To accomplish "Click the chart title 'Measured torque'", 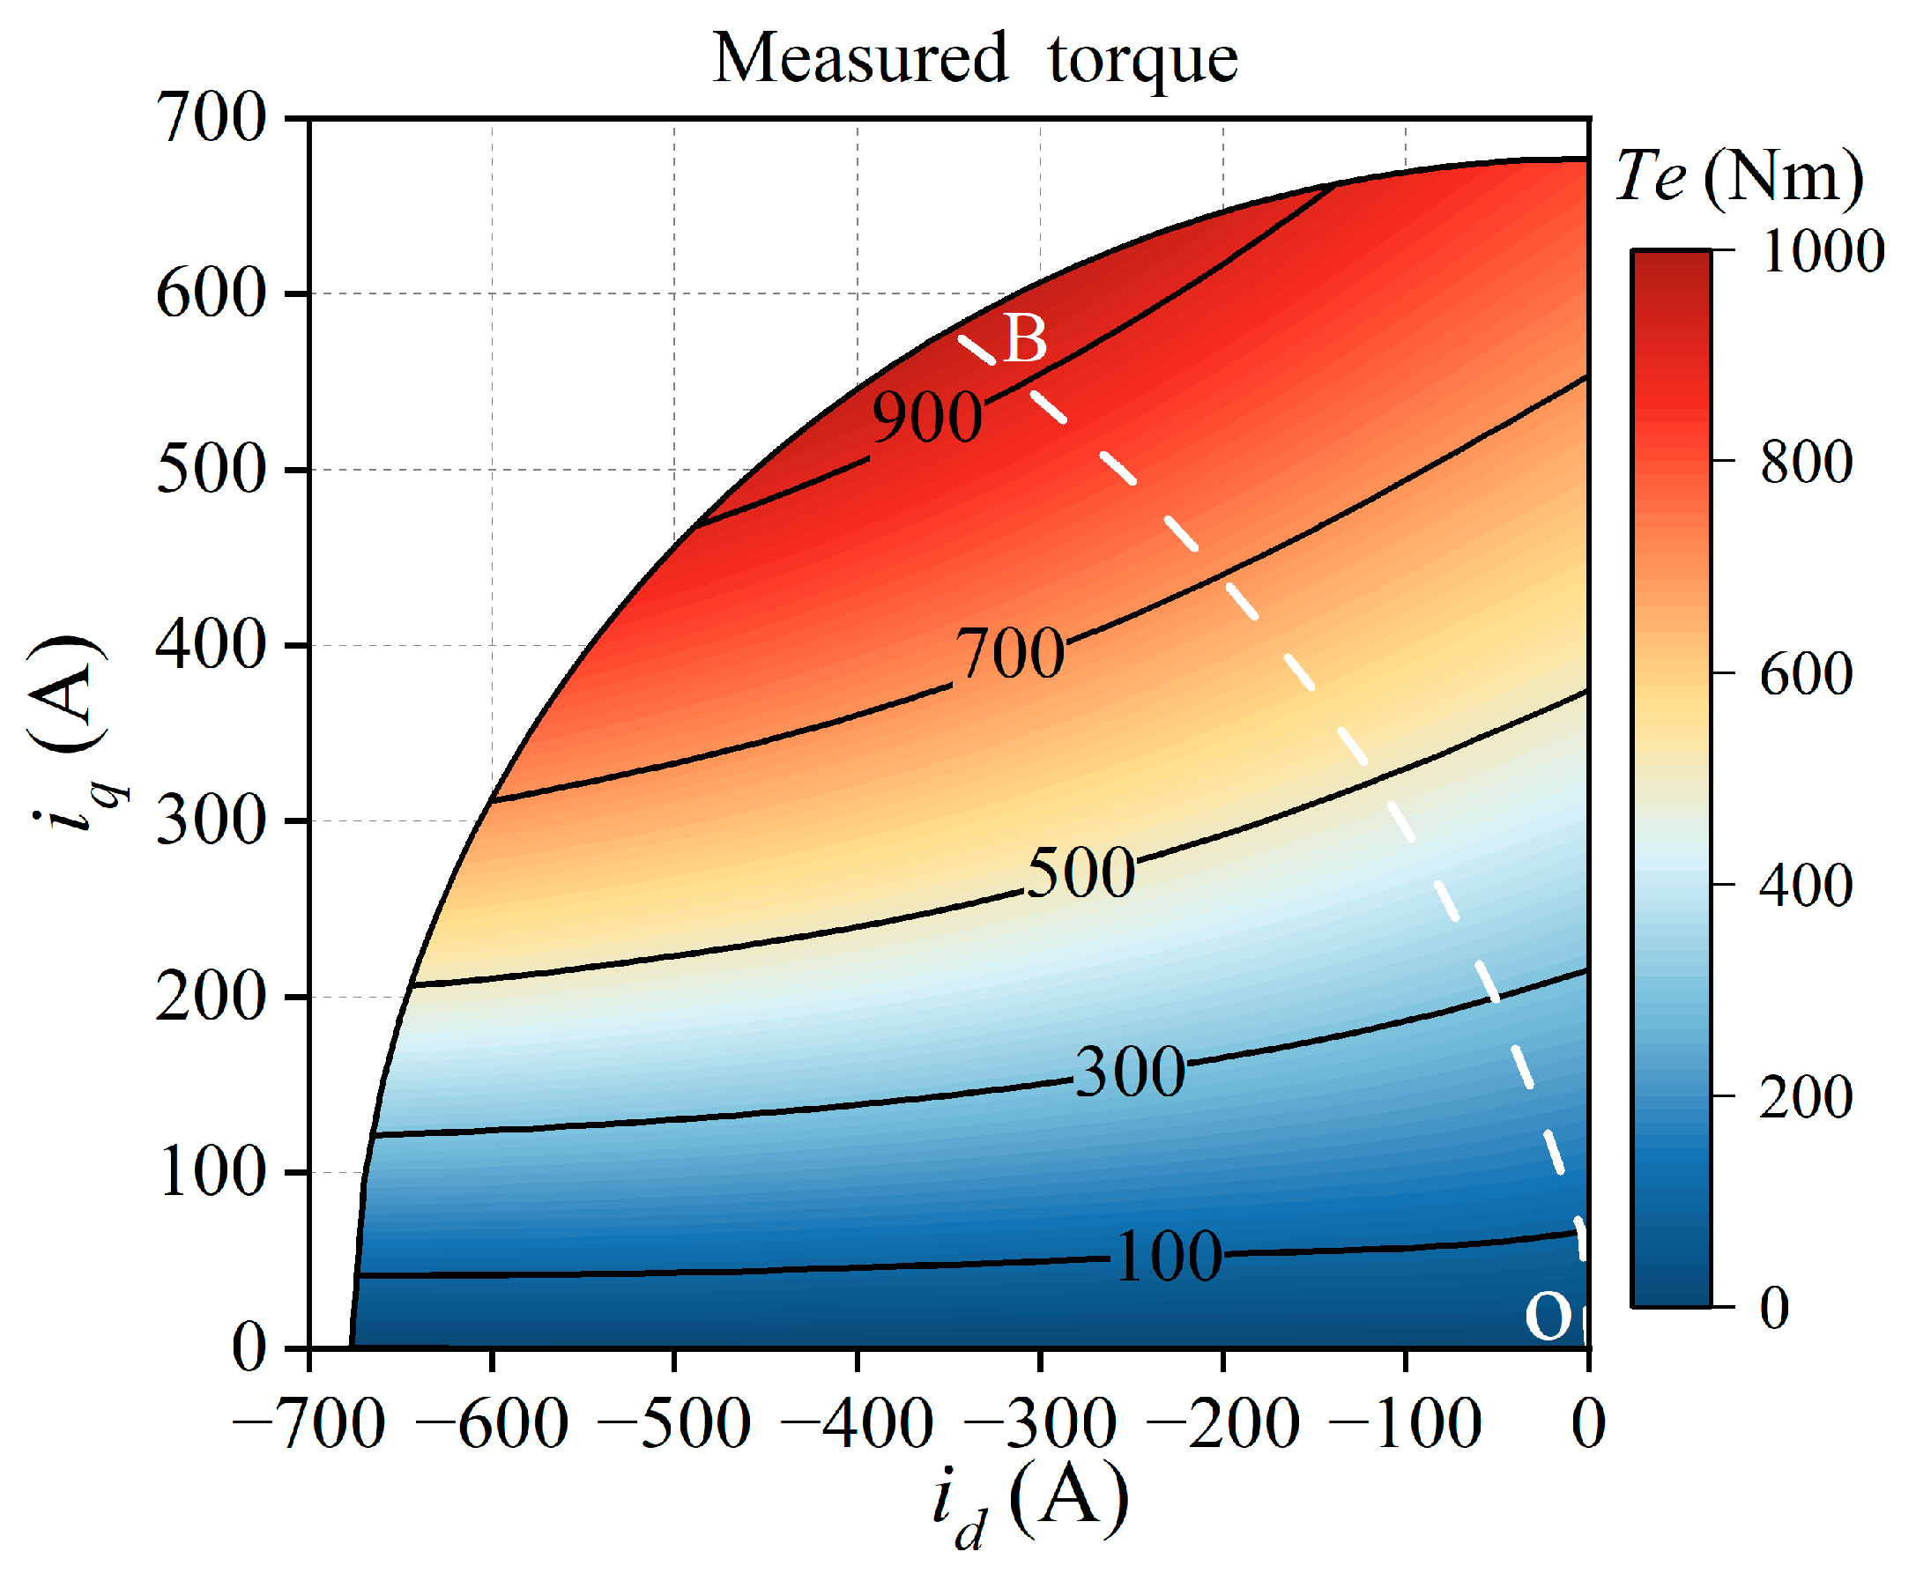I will pos(974,58).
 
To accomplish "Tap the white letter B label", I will pos(1024,338).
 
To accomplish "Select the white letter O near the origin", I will pos(1548,1315).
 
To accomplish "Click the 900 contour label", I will pos(926,418).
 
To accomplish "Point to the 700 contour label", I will pos(1009,653).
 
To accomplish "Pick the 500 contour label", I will pos(1081,872).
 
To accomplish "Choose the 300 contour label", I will pos(1130,1071).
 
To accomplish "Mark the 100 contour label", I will pos(1169,1256).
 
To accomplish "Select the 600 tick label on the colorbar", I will pos(1806,674).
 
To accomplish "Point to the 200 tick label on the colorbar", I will pos(1806,1096).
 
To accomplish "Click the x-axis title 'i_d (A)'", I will pos(1029,1501).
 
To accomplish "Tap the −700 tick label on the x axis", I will pos(308,1424).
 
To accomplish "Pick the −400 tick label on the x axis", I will pos(857,1424).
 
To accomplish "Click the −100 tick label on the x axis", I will pos(1405,1424).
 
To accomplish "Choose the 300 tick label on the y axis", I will pos(212,820).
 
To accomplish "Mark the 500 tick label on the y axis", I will pos(212,469).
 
